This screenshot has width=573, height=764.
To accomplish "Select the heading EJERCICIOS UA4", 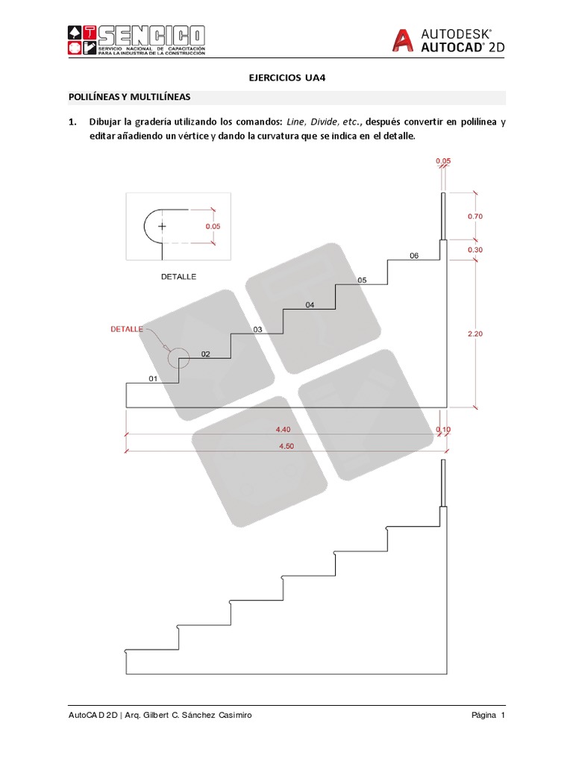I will (x=286, y=76).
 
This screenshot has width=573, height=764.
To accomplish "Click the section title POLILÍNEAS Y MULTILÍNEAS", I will (x=129, y=97).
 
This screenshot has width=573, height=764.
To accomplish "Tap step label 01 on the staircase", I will (x=153, y=378).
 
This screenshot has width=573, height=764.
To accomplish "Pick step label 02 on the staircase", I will (x=205, y=354).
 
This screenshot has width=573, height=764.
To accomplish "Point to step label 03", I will (x=257, y=329).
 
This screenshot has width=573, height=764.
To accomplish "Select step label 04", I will (x=310, y=304).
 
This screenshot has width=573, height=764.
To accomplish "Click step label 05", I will (x=362, y=280).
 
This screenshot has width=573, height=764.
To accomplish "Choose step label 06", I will (x=414, y=255).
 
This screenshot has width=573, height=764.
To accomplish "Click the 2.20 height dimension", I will (x=475, y=334).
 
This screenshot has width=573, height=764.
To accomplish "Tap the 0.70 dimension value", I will (x=475, y=216).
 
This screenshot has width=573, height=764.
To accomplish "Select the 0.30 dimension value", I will (x=475, y=249).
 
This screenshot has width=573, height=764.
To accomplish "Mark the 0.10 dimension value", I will (x=443, y=429).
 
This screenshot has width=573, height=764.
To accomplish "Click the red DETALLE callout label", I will (x=126, y=328).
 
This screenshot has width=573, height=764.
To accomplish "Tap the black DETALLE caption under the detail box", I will (x=178, y=276).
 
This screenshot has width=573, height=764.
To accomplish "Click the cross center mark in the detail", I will (x=162, y=225).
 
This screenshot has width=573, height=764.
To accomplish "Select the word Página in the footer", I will (x=484, y=716).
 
